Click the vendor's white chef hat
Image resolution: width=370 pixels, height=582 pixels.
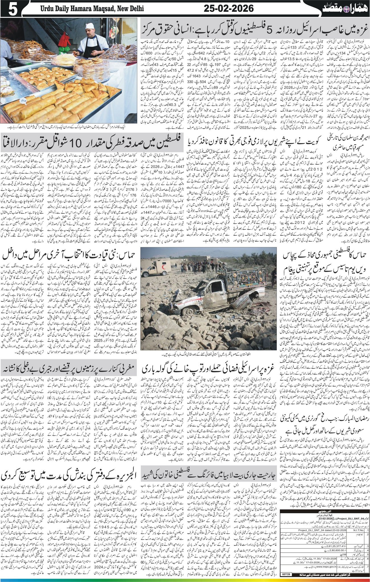coord(90,26)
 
